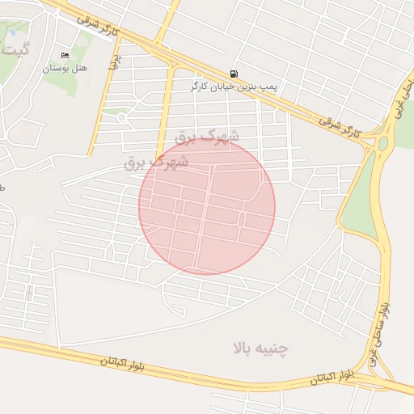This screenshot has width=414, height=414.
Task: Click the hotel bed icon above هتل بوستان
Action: tap(65, 55)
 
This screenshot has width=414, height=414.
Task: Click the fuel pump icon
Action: tap(234, 73)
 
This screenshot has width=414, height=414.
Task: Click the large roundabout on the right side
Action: tap(382, 143)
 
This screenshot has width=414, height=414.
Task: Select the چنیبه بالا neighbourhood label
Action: tap(260, 349)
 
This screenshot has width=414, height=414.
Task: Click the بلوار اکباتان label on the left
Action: tap(125, 361)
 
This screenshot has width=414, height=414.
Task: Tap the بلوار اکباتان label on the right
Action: tap(335, 377)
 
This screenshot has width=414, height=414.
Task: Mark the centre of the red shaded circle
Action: tap(207, 206)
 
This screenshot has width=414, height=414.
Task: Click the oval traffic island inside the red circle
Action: tap(242, 218)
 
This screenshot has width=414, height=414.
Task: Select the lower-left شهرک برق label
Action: tap(156, 162)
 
